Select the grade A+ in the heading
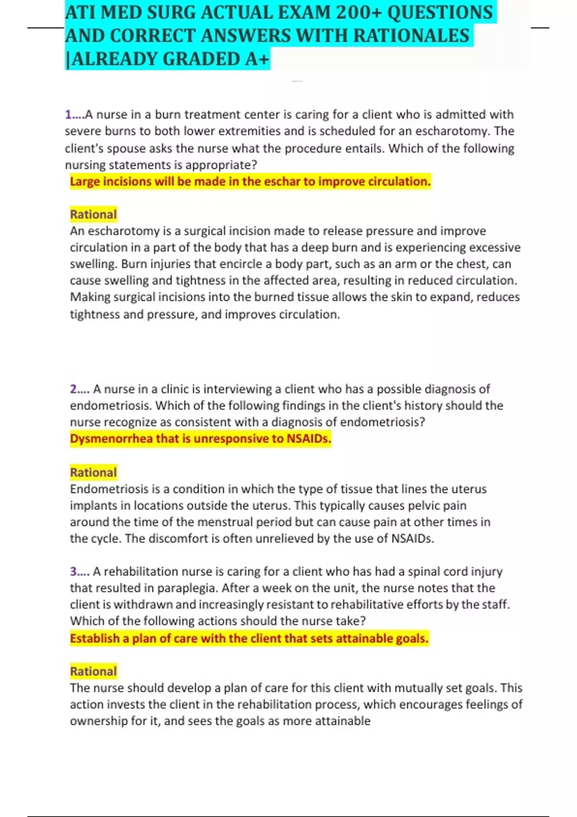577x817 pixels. click(x=257, y=59)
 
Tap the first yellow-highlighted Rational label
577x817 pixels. click(x=93, y=214)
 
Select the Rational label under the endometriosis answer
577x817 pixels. click(x=93, y=472)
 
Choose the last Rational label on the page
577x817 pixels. click(x=93, y=671)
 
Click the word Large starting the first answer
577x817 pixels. click(x=85, y=182)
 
